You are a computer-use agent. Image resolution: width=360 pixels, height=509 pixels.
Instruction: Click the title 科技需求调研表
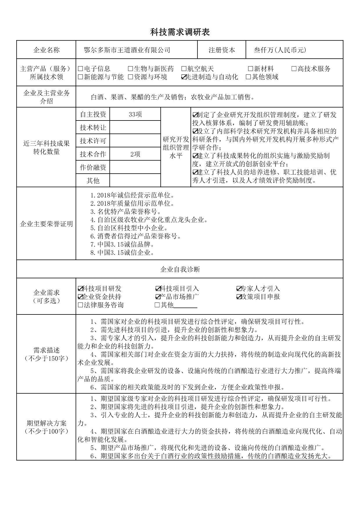[180, 32]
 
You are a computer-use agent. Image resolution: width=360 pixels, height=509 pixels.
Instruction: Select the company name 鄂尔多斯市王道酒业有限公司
[127, 50]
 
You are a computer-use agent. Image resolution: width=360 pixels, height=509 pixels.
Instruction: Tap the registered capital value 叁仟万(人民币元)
[280, 50]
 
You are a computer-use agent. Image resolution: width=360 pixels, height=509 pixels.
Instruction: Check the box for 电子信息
[80, 69]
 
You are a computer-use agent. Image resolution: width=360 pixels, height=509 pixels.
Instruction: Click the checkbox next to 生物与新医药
[130, 69]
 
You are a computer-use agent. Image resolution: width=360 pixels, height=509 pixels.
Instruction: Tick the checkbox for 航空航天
[183, 69]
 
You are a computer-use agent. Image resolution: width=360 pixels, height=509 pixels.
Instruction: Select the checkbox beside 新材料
[251, 69]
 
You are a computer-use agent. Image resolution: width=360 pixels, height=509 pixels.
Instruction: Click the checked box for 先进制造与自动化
[183, 77]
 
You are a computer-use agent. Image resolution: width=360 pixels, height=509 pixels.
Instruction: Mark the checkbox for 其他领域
[248, 77]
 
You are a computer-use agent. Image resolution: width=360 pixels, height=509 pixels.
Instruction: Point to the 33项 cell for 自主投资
[135, 114]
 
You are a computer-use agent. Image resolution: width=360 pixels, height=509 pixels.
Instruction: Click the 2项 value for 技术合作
[135, 154]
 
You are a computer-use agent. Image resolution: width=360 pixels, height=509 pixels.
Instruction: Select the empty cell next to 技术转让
[135, 127]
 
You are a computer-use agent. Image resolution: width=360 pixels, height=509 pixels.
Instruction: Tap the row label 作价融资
[93, 168]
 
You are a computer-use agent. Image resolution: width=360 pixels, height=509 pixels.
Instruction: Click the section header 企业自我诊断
[180, 269]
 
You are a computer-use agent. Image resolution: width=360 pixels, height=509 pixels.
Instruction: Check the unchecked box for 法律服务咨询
[80, 305]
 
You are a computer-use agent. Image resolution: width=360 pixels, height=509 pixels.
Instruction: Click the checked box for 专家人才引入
[239, 289]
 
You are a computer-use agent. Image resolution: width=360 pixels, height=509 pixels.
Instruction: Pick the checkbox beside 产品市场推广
[158, 297]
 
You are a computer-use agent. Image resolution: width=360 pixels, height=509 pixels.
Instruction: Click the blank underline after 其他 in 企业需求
[186, 306]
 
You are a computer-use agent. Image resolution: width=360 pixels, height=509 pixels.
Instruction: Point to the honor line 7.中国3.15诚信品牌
[122, 244]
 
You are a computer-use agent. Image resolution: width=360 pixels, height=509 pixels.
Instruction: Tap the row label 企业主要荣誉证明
[46, 224]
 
